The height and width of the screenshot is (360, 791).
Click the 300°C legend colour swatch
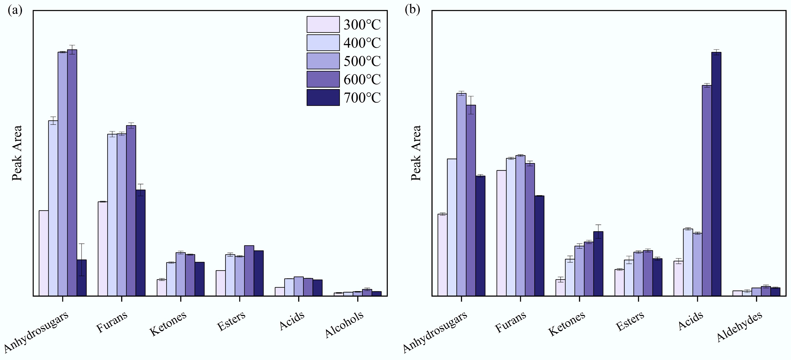click(323, 24)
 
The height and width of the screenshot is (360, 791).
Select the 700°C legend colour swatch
click(323, 98)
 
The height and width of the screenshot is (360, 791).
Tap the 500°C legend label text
click(362, 61)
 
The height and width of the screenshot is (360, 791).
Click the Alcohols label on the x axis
click(344, 324)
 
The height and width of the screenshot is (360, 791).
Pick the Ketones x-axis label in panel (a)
click(168, 324)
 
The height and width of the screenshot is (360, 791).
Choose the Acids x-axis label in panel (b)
click(691, 321)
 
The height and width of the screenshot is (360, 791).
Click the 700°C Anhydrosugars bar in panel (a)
click(82, 278)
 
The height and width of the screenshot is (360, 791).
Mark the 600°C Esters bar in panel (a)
click(249, 270)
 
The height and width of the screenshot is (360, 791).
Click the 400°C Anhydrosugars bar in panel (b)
click(452, 227)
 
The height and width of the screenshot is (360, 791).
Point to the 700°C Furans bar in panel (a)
click(141, 243)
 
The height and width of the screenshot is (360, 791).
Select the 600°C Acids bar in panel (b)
click(707, 191)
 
